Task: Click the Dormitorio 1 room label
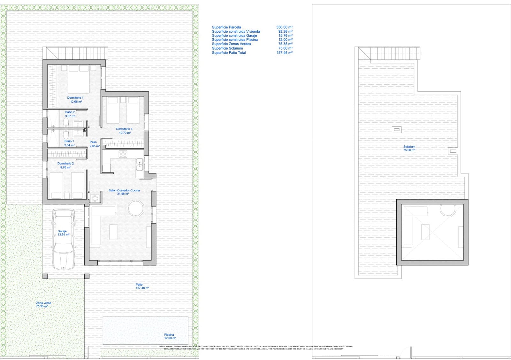pos(75,98)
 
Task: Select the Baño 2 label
pos(70,112)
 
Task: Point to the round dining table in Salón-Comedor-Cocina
pos(136,208)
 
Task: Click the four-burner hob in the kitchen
pos(123,154)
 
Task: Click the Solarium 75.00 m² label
pos(409,148)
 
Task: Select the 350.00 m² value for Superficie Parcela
pos(284,27)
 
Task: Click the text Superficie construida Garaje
pos(234,36)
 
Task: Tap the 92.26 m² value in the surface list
pos(285,32)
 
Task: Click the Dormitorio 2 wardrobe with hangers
pos(67,154)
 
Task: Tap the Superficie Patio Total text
pos(229,53)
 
